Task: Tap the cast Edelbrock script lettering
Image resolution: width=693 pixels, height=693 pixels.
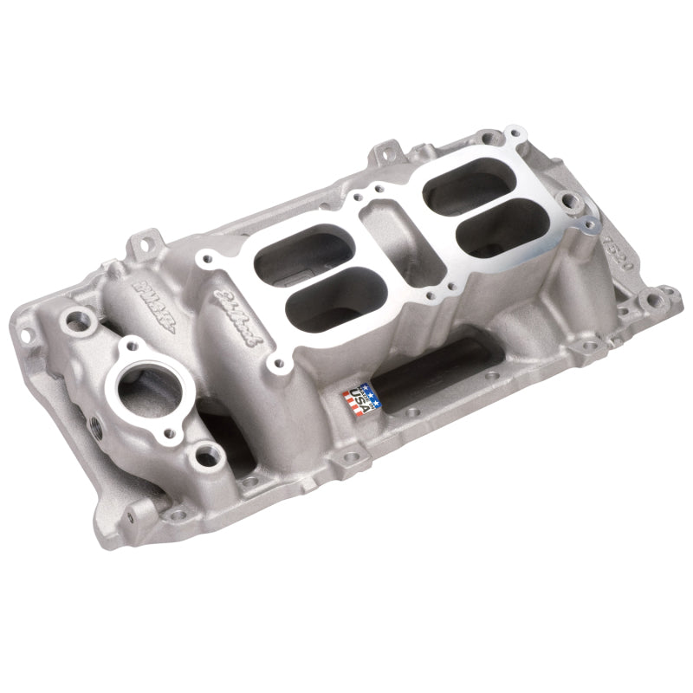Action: [236, 318]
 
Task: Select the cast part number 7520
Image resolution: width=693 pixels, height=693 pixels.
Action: [616, 250]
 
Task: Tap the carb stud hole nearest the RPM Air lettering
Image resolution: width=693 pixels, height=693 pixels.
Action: [205, 257]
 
